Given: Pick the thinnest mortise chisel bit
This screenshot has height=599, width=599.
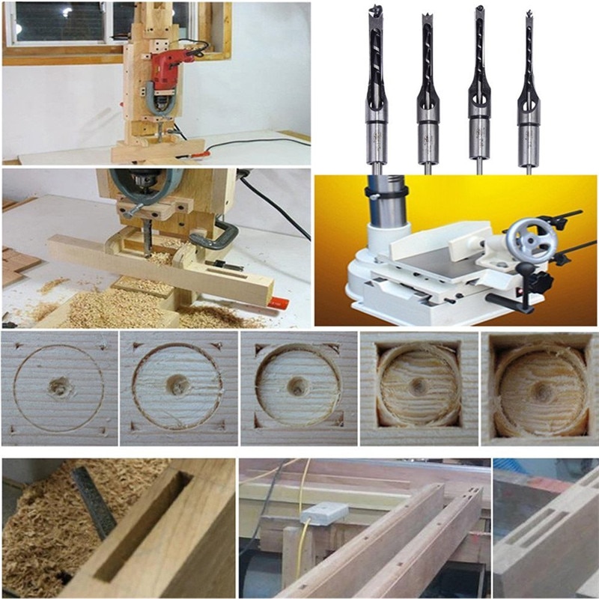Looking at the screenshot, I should tap(529, 90).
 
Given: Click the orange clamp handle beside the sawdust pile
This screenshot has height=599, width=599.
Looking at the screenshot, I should tap(277, 303).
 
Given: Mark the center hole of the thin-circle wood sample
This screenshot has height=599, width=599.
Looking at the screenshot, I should tap(58, 387).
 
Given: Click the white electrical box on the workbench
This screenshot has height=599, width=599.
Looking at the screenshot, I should tap(323, 514).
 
